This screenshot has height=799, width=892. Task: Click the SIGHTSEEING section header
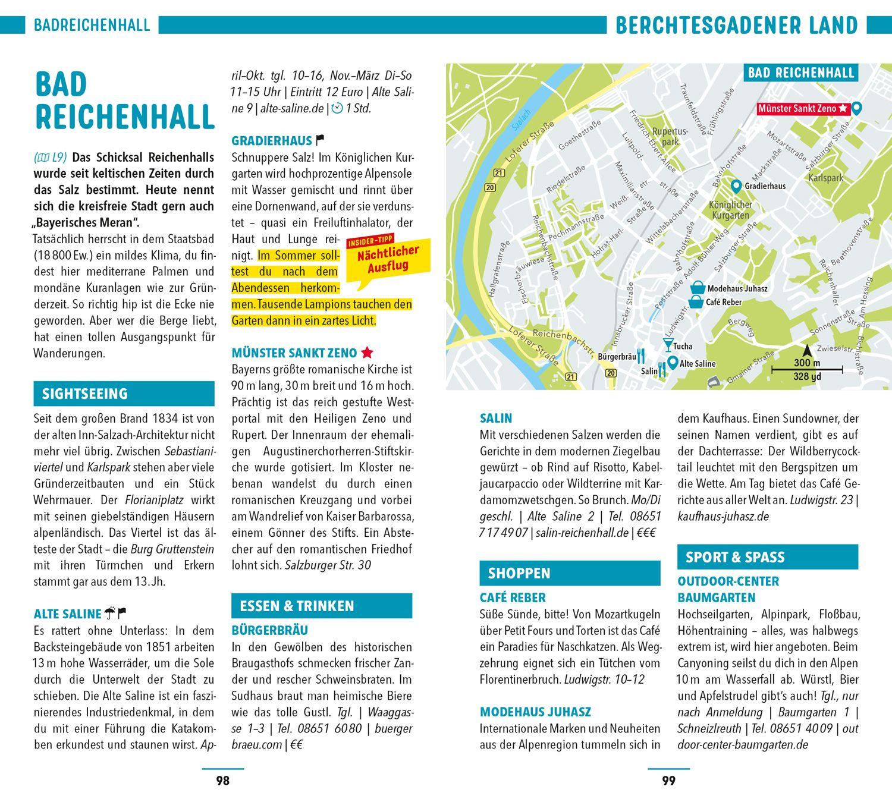click(x=124, y=394)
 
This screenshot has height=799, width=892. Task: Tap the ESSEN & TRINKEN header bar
click(x=321, y=606)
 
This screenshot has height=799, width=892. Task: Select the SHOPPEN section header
click(x=570, y=573)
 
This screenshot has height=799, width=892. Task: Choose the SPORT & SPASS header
click(x=767, y=557)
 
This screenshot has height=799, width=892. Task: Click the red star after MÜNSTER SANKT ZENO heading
click(x=367, y=353)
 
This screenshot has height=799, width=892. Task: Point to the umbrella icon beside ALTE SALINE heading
click(x=111, y=614)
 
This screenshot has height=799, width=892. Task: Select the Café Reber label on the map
click(x=724, y=302)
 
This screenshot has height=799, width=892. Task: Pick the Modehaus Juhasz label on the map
click(x=737, y=289)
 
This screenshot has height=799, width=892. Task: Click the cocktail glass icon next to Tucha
click(x=668, y=345)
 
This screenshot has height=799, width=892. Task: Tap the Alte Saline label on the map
click(x=698, y=363)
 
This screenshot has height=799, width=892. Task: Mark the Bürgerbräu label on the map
click(x=615, y=357)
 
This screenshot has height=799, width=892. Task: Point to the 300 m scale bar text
click(x=806, y=364)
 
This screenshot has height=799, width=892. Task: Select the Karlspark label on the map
click(x=826, y=178)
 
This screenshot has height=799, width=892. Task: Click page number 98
click(x=222, y=781)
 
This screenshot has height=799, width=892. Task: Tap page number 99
click(x=669, y=781)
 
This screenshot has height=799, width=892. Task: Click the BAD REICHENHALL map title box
click(x=800, y=73)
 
